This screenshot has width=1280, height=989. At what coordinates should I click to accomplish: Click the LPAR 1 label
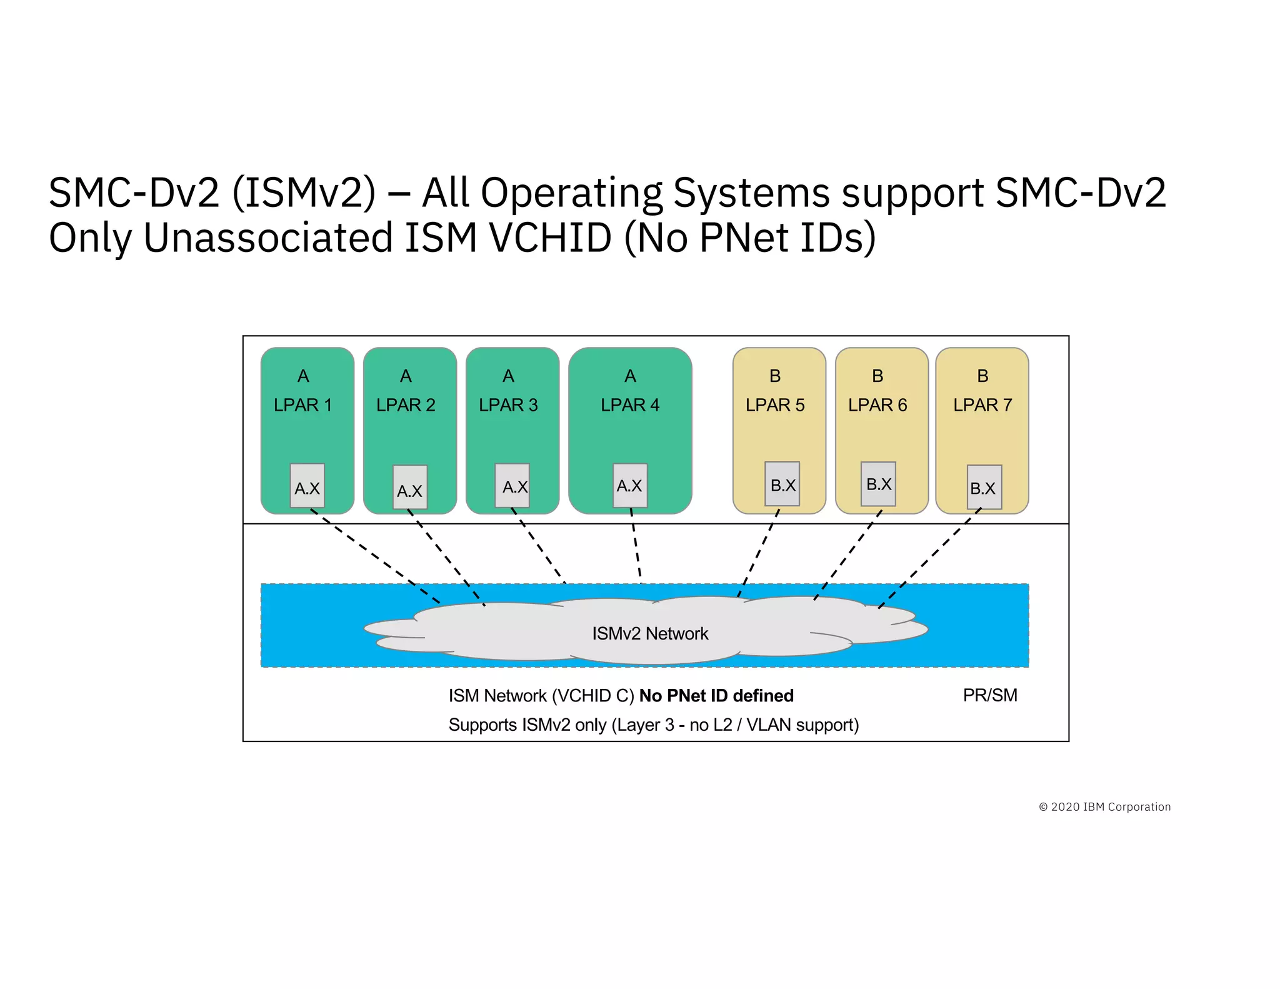pyautogui.click(x=302, y=405)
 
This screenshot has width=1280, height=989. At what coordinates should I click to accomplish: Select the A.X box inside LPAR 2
pyautogui.click(x=410, y=488)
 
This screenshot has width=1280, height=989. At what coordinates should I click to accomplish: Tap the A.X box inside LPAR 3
pyautogui.click(x=512, y=486)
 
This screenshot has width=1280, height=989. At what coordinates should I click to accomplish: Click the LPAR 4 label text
pyautogui.click(x=630, y=405)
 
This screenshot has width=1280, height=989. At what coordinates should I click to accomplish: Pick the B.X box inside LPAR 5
pyautogui.click(x=782, y=484)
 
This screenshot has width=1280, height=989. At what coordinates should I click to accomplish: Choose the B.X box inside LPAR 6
pyautogui.click(x=878, y=484)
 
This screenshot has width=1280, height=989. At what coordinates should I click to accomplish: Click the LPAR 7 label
pyautogui.click(x=982, y=405)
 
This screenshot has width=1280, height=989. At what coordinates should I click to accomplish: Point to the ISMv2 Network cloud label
pyautogui.click(x=650, y=634)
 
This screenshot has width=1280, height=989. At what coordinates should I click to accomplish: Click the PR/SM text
pyautogui.click(x=990, y=695)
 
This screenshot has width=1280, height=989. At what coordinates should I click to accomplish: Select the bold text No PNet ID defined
pyautogui.click(x=716, y=696)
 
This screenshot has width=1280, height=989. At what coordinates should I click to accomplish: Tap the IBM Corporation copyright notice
pyautogui.click(x=1105, y=807)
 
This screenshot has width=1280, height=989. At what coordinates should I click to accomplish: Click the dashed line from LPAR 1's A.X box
pyautogui.click(x=375, y=556)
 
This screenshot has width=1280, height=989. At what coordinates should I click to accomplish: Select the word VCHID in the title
pyautogui.click(x=550, y=238)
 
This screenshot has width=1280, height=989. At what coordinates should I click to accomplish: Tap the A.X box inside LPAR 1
pyautogui.click(x=307, y=486)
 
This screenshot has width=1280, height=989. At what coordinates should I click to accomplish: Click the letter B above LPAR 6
pyautogui.click(x=877, y=376)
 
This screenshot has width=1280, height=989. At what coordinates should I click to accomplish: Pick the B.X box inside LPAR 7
pyautogui.click(x=984, y=487)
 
